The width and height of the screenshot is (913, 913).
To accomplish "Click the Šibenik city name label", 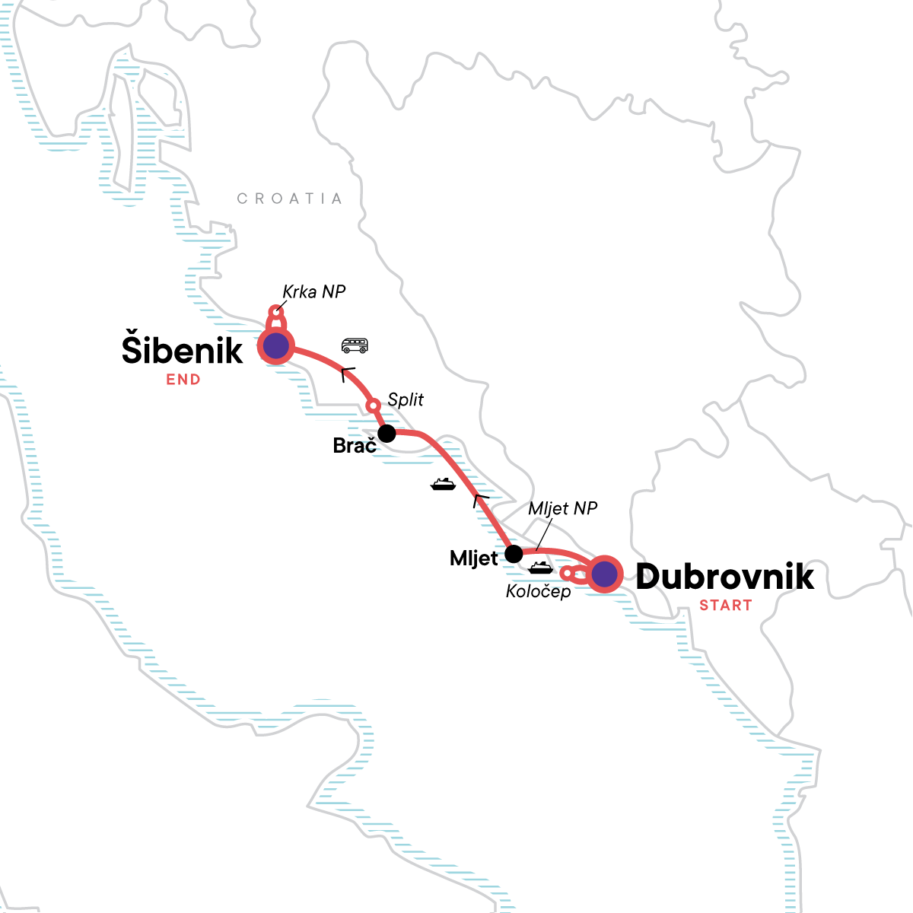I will (183, 349).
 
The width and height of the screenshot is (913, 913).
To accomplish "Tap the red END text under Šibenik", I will (183, 380).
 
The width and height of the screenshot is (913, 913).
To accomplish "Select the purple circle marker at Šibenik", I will (275, 346).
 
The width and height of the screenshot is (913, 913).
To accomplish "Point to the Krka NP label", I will (313, 291).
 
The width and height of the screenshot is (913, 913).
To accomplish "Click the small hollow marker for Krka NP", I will (277, 312).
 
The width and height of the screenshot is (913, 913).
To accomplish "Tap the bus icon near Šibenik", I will (355, 346).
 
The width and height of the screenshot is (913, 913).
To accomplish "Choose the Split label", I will (406, 399).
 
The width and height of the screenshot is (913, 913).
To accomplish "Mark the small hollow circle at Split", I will (373, 406).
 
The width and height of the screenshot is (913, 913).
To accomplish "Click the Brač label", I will (355, 446).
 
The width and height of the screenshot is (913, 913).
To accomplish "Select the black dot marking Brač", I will (387, 434).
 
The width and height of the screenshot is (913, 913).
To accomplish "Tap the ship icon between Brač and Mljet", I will (443, 484).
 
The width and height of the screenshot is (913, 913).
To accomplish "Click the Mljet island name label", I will (473, 558).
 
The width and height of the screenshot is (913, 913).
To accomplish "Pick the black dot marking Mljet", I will (514, 553).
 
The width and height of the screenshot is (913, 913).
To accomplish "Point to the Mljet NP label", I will (562, 508).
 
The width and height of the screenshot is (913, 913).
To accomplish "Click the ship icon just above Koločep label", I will (541, 568).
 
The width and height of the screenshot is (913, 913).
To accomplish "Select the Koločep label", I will (538, 591).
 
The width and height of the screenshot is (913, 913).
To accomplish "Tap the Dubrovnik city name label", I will (724, 577).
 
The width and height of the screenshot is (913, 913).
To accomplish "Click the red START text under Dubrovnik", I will (725, 606).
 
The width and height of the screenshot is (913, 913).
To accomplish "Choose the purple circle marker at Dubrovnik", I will (605, 575).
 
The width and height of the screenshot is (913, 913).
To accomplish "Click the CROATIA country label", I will (289, 199).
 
